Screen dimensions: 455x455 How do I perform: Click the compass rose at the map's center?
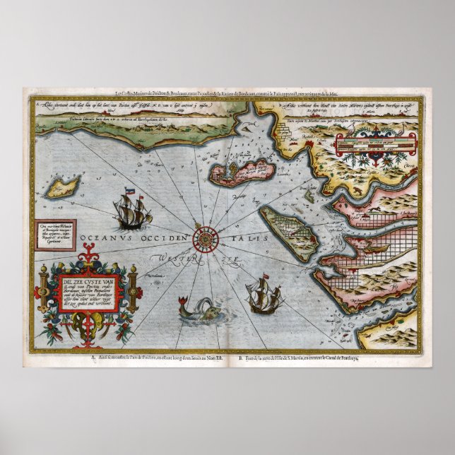pyautogui.click(x=206, y=236)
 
